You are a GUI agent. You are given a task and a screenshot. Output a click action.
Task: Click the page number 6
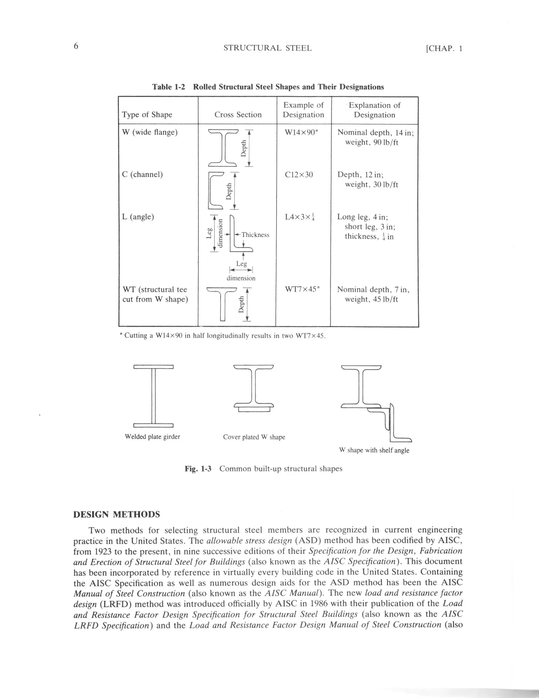click(x=76, y=46)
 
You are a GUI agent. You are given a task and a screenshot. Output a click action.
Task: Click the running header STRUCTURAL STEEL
click(x=267, y=48)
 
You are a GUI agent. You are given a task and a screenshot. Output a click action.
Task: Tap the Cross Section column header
click(x=238, y=115)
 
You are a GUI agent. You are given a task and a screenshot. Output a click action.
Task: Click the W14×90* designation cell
click(x=301, y=132)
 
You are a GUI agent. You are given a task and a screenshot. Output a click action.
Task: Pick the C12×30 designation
click(x=299, y=175)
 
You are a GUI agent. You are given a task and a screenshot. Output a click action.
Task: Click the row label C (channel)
click(x=142, y=175)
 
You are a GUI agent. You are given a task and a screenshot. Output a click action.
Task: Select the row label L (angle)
click(x=138, y=217)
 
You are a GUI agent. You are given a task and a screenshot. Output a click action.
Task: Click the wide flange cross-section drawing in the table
click(x=223, y=148)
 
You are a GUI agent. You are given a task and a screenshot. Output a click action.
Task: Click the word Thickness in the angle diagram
click(x=255, y=235)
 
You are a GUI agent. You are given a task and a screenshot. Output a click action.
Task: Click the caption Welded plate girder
click(x=152, y=437)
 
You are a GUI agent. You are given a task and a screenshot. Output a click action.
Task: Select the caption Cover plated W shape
click(x=254, y=437)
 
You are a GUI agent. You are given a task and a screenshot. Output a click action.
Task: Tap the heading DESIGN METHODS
click(x=117, y=514)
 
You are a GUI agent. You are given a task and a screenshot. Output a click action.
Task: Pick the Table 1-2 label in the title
click(x=168, y=87)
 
